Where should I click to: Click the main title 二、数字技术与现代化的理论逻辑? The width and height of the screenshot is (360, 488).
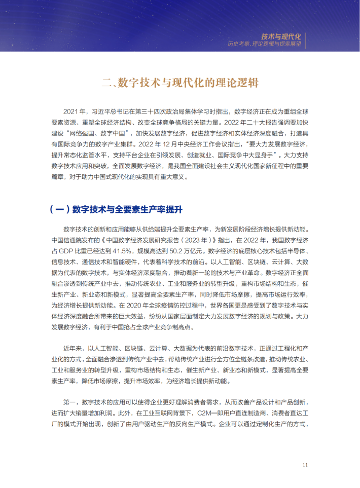179,83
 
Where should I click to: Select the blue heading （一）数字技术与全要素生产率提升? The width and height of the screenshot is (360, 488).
116,209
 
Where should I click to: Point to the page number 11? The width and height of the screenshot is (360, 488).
305,465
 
